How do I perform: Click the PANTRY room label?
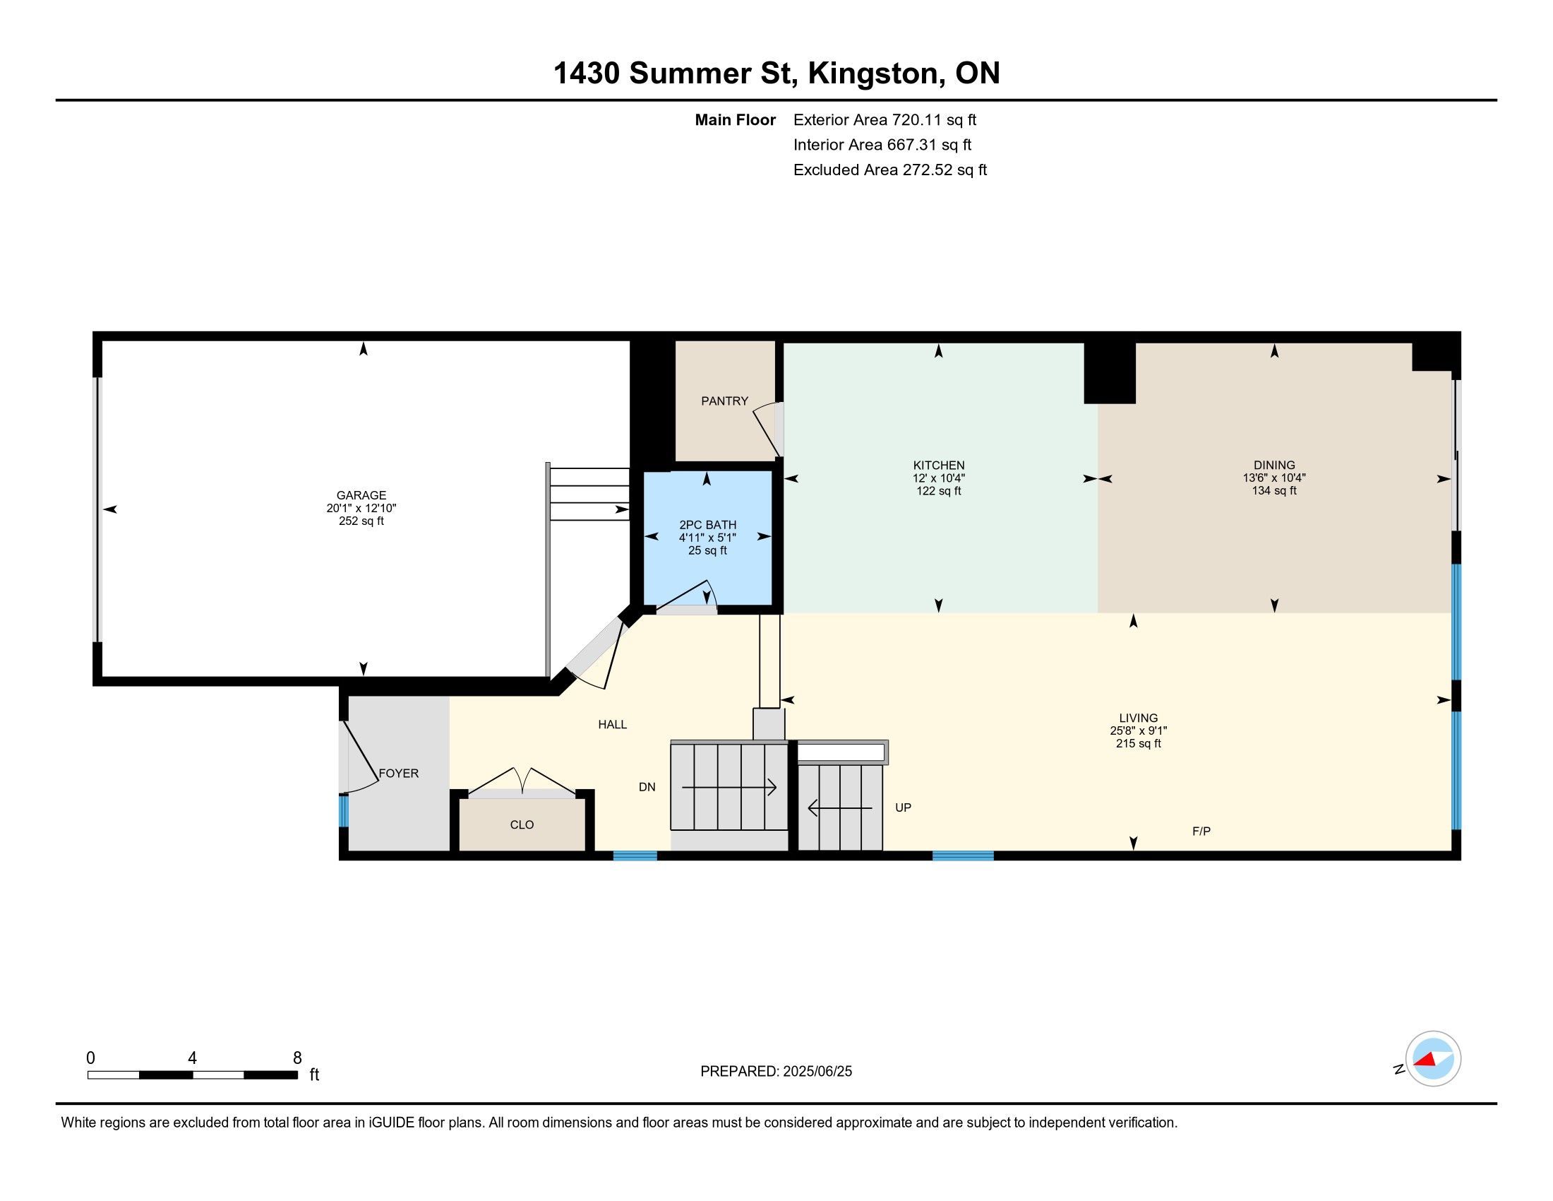(x=724, y=401)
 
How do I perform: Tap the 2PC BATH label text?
(x=707, y=525)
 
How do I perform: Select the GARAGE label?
(x=361, y=495)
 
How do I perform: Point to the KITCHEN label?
(x=939, y=466)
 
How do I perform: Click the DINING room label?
(x=1274, y=466)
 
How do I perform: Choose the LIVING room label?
(x=1139, y=718)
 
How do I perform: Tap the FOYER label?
(x=398, y=774)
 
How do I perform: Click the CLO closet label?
(x=522, y=824)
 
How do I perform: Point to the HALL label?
(x=612, y=724)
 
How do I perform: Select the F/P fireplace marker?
(x=1201, y=831)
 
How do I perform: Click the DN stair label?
(x=647, y=787)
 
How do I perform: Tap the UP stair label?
(x=903, y=807)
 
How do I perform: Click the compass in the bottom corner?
(x=1432, y=1059)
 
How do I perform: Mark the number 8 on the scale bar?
(x=297, y=1058)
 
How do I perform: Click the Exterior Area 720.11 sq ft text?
(x=885, y=120)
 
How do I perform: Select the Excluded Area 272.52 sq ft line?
(x=890, y=170)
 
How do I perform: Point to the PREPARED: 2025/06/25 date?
(x=776, y=1072)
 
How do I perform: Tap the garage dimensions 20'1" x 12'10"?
(x=361, y=508)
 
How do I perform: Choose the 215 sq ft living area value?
(x=1139, y=743)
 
